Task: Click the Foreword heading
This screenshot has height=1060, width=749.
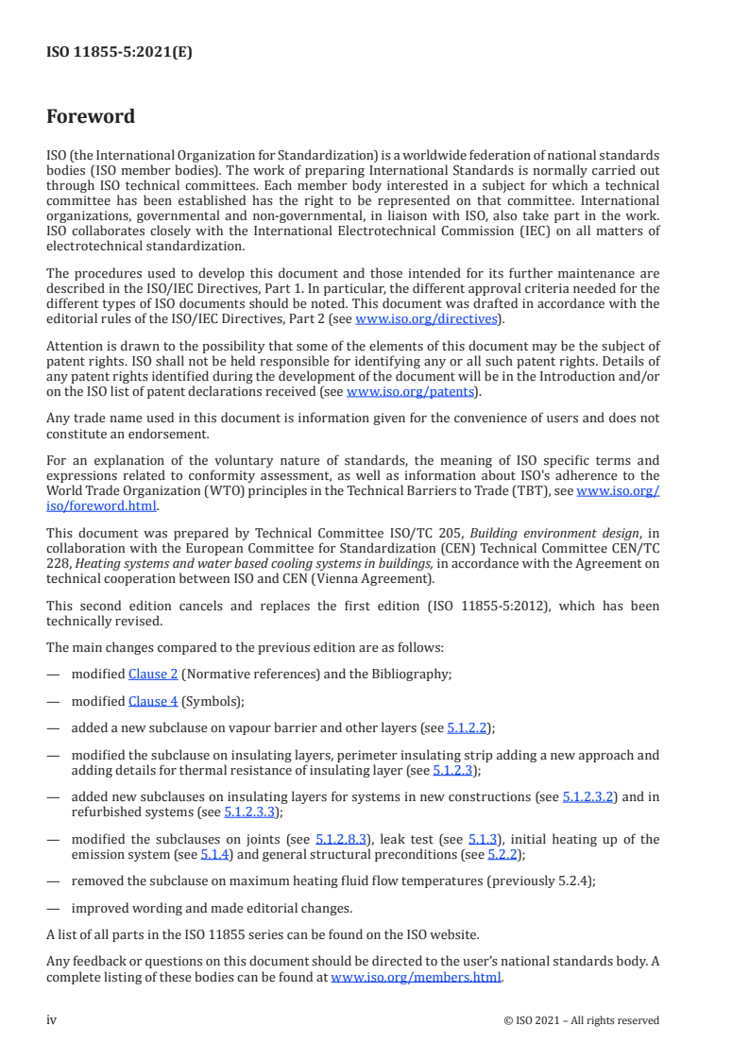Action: [x=91, y=117]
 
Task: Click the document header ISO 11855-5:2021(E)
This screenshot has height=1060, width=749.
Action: [x=119, y=53]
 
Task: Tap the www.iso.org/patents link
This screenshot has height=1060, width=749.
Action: [x=412, y=391]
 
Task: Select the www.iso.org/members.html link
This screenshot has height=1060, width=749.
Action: [x=416, y=977]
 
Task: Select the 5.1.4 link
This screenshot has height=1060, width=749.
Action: [x=214, y=854]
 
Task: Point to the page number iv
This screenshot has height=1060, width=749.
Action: [x=52, y=1020]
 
